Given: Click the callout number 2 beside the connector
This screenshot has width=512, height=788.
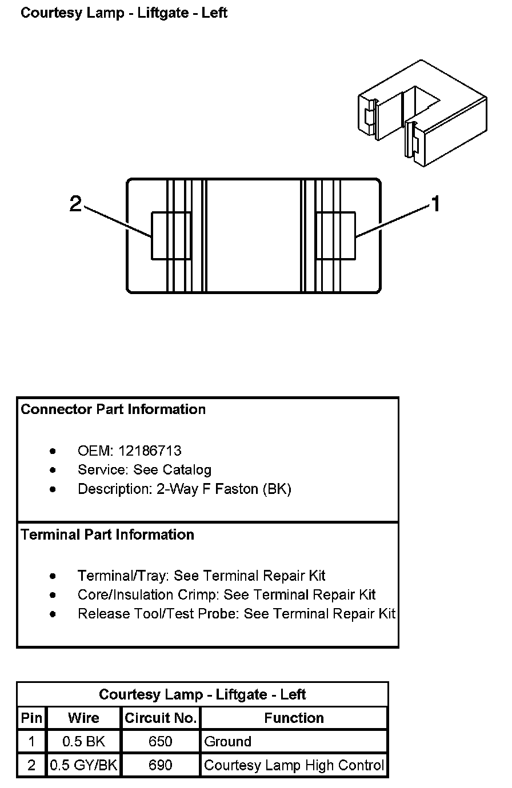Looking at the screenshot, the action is [x=75, y=204].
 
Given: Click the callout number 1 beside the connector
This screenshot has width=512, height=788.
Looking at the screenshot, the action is [x=436, y=204].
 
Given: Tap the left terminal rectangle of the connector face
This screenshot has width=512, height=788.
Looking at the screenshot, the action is [x=171, y=236].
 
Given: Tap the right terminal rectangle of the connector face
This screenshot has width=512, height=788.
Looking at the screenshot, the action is [x=336, y=236].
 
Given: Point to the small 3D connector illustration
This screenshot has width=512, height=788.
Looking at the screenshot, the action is [x=422, y=112].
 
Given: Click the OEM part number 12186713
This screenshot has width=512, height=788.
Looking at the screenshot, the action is [x=150, y=451].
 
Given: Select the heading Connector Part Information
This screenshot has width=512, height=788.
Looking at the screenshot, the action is [x=113, y=409].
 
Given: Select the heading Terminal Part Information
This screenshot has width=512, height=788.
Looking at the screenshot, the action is [x=107, y=534].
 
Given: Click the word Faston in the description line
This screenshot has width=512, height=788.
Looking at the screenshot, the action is [x=236, y=489].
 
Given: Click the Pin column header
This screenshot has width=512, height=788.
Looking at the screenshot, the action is [x=31, y=718].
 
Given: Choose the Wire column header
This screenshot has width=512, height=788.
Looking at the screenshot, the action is [x=83, y=718].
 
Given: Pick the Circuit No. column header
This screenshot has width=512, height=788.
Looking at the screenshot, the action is [x=161, y=718].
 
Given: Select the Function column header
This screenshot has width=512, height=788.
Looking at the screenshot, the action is [x=294, y=718].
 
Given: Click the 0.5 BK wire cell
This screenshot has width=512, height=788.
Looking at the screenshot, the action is [x=83, y=742].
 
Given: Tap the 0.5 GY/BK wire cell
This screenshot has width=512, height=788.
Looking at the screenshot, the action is [x=83, y=765].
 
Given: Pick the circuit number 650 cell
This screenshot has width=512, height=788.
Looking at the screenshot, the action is [x=160, y=742].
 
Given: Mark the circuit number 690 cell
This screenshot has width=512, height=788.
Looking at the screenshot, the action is [x=160, y=765].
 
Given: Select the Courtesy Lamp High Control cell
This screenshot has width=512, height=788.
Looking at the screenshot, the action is [x=294, y=765].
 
